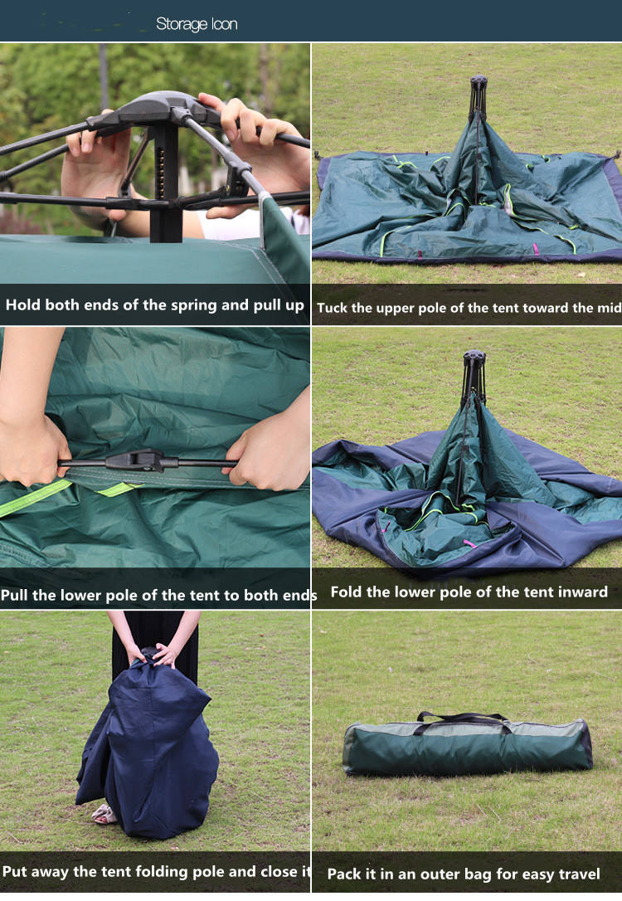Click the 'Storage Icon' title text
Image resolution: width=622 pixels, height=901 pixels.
pos(197,24)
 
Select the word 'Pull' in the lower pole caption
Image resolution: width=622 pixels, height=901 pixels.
pos(16,595)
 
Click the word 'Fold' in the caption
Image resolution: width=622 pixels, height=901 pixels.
pos(347,592)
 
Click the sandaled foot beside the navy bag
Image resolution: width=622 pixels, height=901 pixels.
pos(104,815)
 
